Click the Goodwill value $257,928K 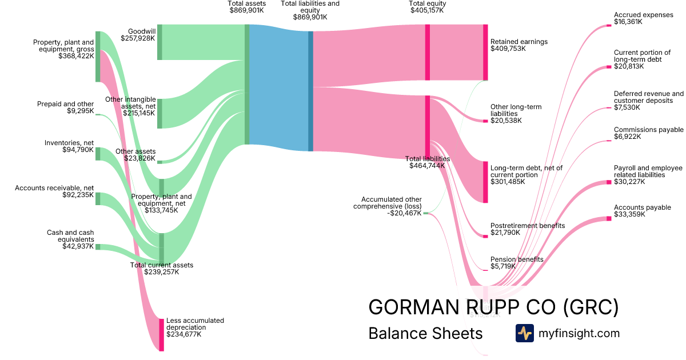(x=138, y=38)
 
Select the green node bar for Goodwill (x=159, y=42)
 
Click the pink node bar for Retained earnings (x=485, y=52)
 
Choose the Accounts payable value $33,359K (x=629, y=215)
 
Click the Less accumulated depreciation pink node (x=161, y=334)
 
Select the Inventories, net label (x=69, y=143)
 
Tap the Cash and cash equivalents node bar (x=98, y=247)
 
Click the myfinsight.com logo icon (x=524, y=333)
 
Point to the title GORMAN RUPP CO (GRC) (x=493, y=307)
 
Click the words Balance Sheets (x=425, y=333)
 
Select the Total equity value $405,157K (x=427, y=10)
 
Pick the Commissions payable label (x=648, y=130)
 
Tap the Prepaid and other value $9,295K (x=80, y=111)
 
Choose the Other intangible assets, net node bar (x=159, y=113)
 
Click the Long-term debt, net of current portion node (x=485, y=182)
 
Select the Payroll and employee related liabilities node (x=608, y=182)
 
